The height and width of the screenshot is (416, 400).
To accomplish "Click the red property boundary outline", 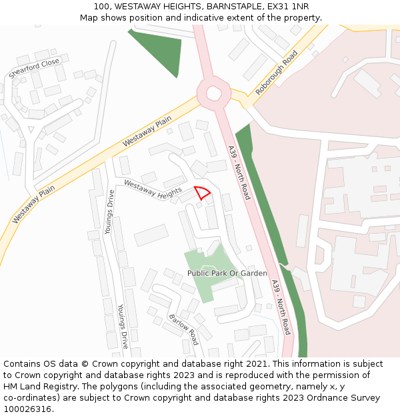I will pyautogui.click(x=203, y=193).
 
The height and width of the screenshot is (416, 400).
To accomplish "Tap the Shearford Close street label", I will pyautogui.click(x=34, y=68).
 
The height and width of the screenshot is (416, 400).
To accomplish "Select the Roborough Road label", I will pyautogui.click(x=277, y=73).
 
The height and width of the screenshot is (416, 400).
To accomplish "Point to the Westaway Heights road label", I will pyautogui.click(x=153, y=190).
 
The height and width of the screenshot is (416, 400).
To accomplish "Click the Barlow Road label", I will pyautogui.click(x=183, y=329).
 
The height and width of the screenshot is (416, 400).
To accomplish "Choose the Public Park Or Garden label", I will pyautogui.click(x=227, y=274).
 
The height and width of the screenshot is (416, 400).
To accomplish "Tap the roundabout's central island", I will pyautogui.click(x=213, y=93).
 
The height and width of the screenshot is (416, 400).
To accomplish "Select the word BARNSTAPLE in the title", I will pyautogui.click(x=230, y=6).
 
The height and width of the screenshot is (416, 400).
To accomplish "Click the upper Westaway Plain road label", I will pyautogui.click(x=147, y=132).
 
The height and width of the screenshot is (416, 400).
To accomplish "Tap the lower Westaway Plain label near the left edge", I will pyautogui.click(x=33, y=204).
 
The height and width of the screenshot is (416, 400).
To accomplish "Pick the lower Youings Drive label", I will pyautogui.click(x=123, y=326).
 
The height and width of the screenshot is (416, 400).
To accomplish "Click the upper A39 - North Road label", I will pyautogui.click(x=238, y=172).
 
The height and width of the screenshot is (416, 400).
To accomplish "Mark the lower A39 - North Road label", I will pyautogui.click(x=281, y=306).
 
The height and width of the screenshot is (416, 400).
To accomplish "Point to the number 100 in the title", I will pyautogui.click(x=102, y=6).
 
